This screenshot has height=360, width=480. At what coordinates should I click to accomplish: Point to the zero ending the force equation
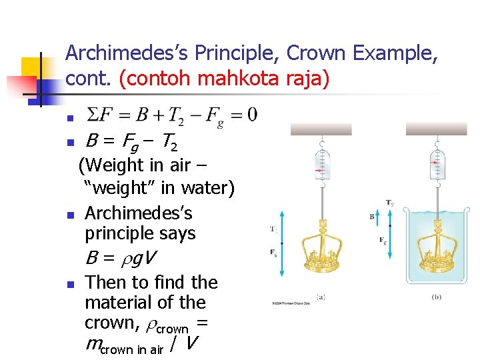pos(251,115)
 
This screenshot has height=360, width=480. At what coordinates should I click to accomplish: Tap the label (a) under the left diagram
pos(321,297)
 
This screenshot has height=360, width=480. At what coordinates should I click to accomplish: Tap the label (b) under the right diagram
pos(437,297)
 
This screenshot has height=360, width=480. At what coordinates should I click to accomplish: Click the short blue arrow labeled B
pos(379,217)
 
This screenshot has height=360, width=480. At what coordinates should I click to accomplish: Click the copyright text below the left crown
pos(291,304)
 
